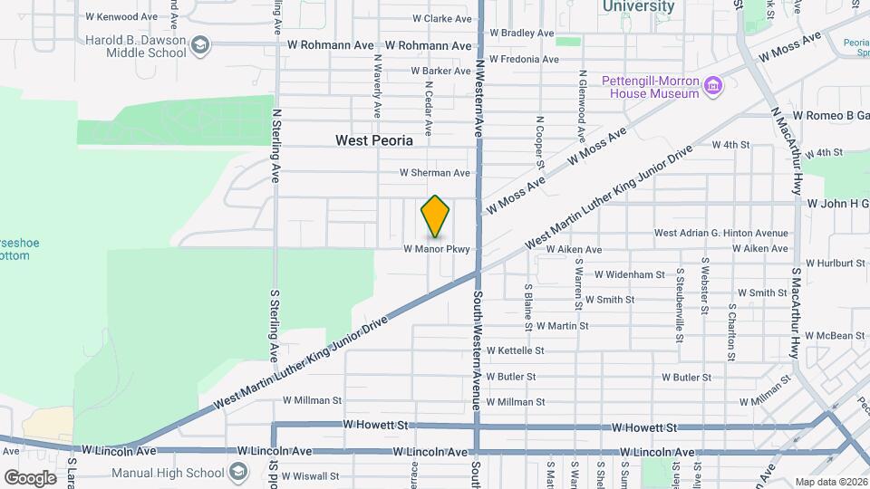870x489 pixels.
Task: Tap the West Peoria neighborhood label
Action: point(374,140)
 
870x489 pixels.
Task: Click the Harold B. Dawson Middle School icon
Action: point(201,45)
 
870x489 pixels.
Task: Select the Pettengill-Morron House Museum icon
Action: point(714,87)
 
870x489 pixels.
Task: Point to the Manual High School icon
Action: point(237,472)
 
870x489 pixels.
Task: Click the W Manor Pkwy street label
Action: point(437,249)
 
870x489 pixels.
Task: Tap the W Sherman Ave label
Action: point(435,173)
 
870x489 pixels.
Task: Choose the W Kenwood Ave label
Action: point(121,16)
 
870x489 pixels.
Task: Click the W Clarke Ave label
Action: point(442,18)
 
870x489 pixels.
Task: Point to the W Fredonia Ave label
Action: point(525,59)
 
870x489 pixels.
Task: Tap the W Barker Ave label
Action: point(440,71)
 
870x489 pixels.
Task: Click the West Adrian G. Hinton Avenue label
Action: point(721,233)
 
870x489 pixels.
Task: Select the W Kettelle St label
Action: point(515,350)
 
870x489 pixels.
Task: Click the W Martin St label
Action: point(563,325)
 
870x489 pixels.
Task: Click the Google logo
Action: point(30,477)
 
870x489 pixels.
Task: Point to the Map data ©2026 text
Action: point(830,482)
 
